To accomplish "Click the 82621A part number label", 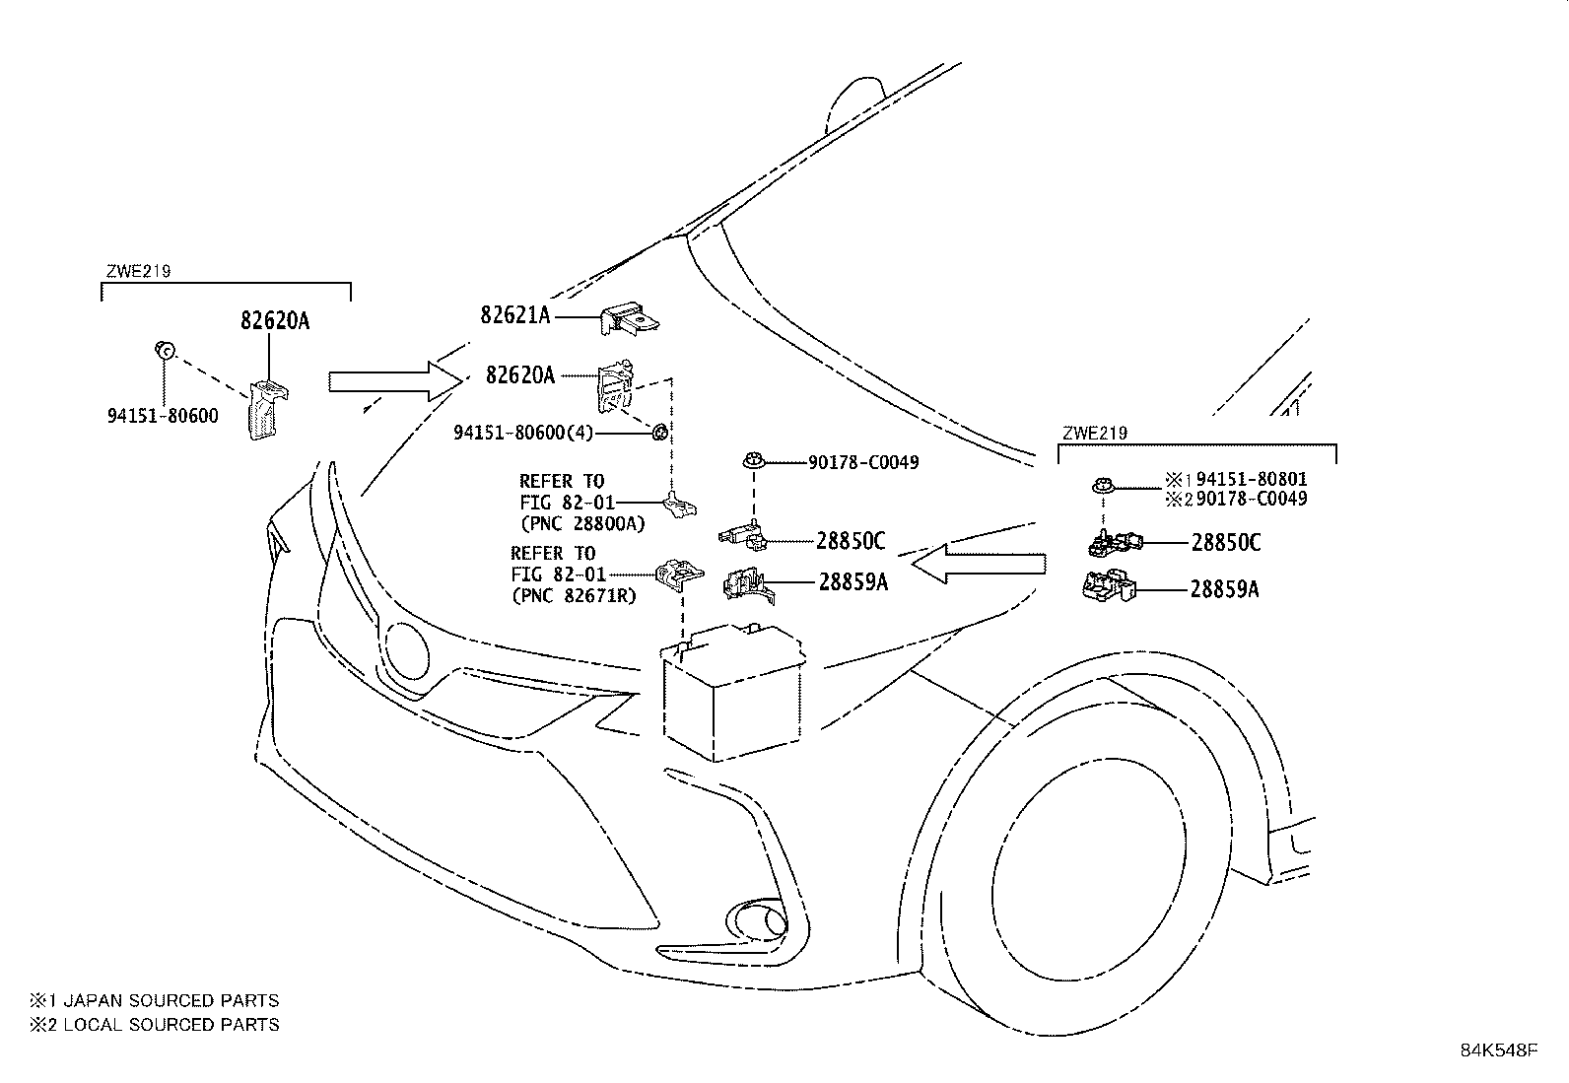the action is point(514,315).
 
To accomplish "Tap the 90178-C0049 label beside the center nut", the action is point(863,462).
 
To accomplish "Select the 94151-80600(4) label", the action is point(523,433).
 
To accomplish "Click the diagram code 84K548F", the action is point(1499,1050).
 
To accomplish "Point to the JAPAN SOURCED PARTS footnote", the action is point(154,1000).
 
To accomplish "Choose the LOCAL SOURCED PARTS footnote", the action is point(154,1024).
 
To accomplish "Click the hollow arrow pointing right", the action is point(395,381).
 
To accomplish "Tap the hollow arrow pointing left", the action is point(979,564).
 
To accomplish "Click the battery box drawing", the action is point(732,692).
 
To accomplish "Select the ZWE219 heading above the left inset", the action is point(138,271).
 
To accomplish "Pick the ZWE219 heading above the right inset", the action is point(1095,433).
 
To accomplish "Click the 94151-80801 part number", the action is point(1251,479).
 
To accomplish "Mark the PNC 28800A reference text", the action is point(582,524).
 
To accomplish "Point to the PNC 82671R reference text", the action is point(575,596).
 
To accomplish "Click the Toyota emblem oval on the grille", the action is point(406,650).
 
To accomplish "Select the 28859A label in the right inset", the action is point(1224,590).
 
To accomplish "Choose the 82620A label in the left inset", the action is point(275,320).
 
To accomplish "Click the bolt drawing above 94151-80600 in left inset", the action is point(165,349).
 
